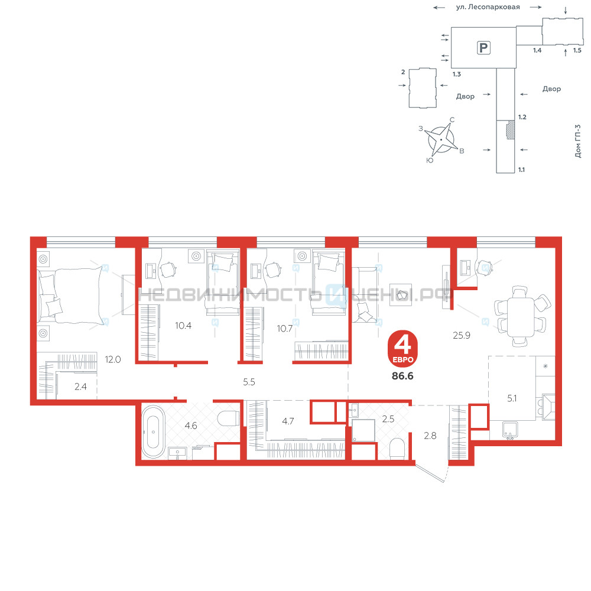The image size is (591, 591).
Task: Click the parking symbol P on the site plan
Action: point(483,48)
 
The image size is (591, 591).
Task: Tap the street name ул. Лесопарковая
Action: point(488,7)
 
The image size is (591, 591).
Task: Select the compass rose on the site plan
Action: point(440,139)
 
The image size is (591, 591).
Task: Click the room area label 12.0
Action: point(113,359)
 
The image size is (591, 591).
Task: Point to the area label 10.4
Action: point(183,325)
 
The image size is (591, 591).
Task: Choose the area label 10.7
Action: point(285,328)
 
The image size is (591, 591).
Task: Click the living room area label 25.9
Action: point(462,335)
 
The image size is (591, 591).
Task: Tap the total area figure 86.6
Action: point(402,376)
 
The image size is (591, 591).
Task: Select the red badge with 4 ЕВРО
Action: point(402,349)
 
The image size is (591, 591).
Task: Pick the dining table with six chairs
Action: point(521,316)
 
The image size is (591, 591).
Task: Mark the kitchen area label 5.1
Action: point(512,398)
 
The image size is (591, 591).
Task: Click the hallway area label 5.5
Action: point(249,382)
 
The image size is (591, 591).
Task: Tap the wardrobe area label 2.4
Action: point(80,387)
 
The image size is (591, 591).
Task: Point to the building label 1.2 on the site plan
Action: point(522,117)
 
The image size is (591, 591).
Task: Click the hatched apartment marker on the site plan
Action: point(511,129)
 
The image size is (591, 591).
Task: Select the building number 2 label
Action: point(403,72)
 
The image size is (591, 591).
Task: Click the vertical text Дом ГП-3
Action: point(578,141)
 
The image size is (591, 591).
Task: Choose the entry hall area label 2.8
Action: point(430,436)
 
